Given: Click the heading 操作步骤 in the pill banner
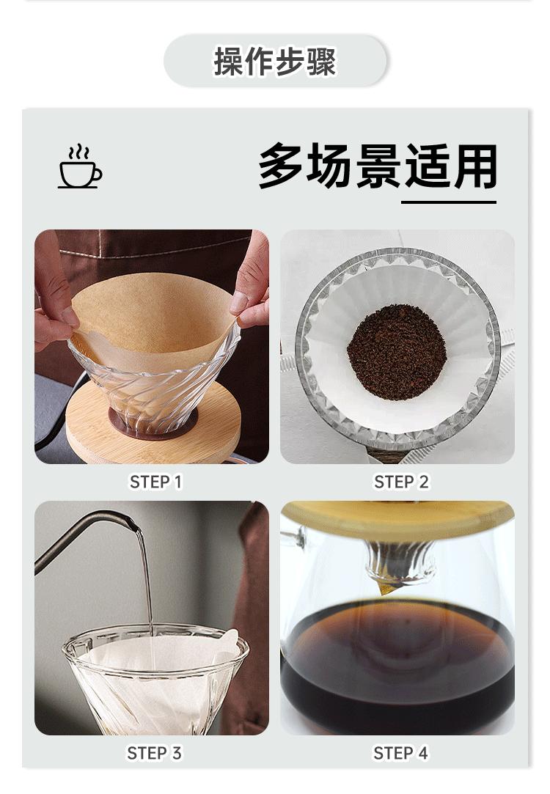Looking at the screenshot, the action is tap(275, 62).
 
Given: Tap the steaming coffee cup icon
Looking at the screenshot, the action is tap(80, 166).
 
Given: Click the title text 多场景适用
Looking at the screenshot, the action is tap(378, 166).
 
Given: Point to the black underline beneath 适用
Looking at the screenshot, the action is tap(449, 202).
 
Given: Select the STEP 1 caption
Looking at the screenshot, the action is tap(155, 482).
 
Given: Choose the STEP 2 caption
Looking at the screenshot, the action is tap(401, 482).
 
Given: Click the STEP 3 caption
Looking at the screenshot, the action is tap(154, 753).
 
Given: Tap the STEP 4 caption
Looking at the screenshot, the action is tap(400, 753).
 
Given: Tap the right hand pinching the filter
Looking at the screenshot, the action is tap(252, 284).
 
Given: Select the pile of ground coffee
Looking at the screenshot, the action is tap(397, 352).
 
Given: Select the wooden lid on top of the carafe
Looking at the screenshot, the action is tap(397, 519).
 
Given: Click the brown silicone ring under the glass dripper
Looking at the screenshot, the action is tap(153, 424).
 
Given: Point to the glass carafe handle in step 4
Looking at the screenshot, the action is tap(294, 540).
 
